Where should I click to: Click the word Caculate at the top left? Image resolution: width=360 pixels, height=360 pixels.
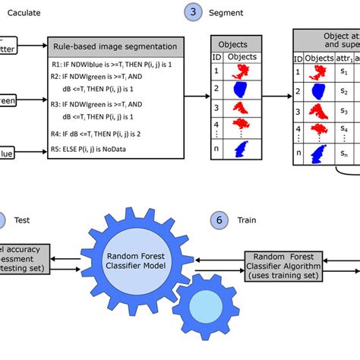click(24, 13)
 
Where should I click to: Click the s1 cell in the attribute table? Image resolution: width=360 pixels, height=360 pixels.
click(344, 71)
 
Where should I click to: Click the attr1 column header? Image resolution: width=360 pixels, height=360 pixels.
click(345, 58)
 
